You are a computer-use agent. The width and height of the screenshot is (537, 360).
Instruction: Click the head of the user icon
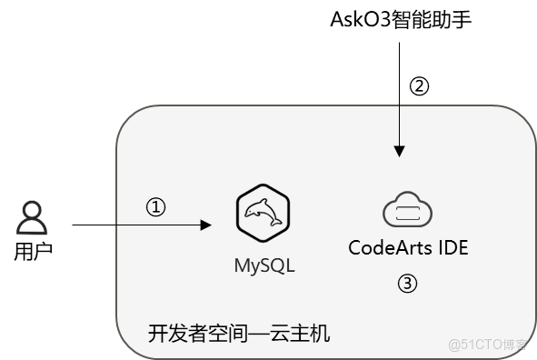click(x=32, y=211)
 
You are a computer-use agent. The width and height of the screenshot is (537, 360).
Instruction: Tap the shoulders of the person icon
click(x=32, y=227)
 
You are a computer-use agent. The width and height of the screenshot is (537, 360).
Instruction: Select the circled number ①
click(x=156, y=207)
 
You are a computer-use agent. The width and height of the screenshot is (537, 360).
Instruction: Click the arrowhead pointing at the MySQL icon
click(x=206, y=224)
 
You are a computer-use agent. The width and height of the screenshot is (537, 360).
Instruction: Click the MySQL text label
click(x=264, y=266)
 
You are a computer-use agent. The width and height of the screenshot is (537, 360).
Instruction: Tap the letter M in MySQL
click(x=243, y=266)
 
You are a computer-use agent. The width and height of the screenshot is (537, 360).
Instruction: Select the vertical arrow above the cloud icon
click(x=398, y=127)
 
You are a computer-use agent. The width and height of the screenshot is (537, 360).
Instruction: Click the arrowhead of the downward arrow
click(x=398, y=151)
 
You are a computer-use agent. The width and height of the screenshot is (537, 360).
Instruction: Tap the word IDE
click(x=452, y=247)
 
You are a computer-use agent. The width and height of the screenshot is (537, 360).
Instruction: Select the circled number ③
click(x=408, y=284)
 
